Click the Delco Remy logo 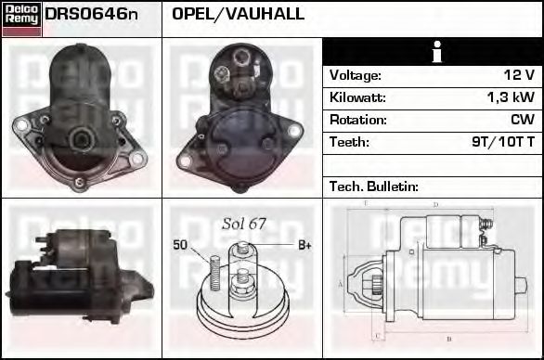22,19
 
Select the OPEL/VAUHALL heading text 239,15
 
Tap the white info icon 433,52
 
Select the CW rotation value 522,120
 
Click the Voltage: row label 356,75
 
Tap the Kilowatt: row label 357,97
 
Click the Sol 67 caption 244,224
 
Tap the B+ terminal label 304,245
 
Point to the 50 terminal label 180,245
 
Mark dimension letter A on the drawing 340,283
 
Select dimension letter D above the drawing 435,205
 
